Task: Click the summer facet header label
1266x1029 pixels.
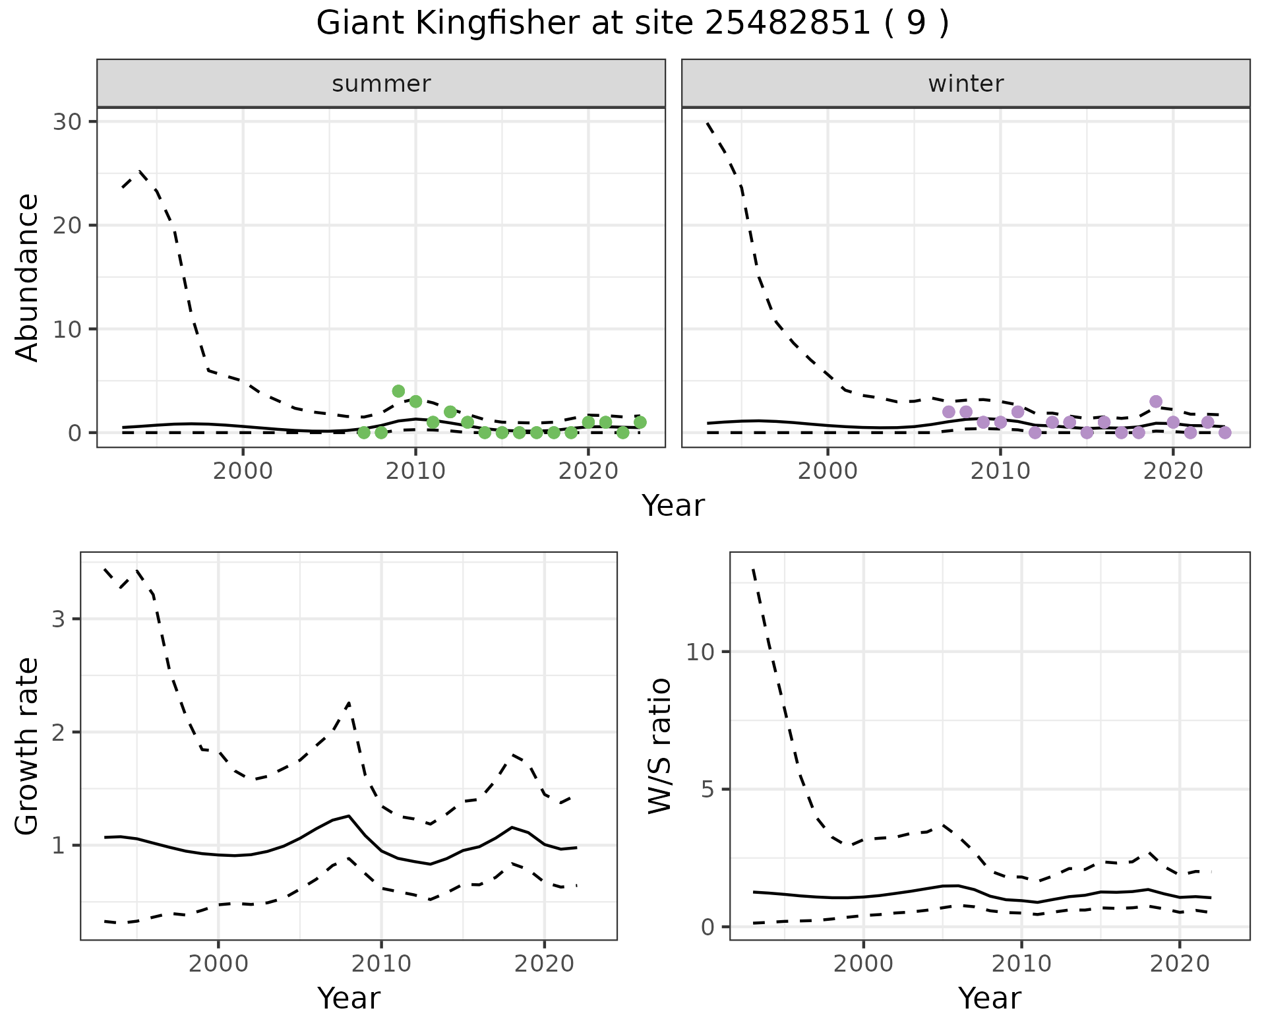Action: [381, 84]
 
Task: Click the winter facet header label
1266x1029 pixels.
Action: [965, 84]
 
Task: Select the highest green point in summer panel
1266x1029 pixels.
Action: [398, 391]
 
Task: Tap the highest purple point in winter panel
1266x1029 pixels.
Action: [1155, 402]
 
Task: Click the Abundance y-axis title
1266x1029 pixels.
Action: [28, 277]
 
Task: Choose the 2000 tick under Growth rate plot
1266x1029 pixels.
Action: [218, 963]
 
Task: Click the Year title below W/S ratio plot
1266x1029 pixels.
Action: [989, 998]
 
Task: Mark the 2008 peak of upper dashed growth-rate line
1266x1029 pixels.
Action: [349, 703]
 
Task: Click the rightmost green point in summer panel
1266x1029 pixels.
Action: [640, 422]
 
